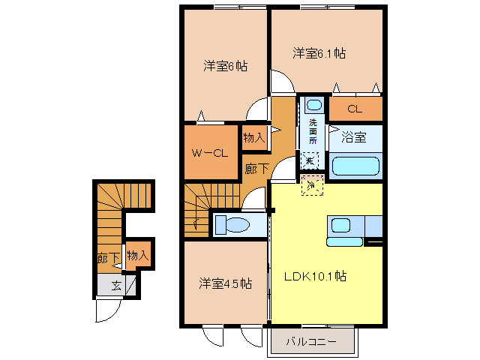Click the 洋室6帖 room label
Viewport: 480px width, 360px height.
tap(225, 66)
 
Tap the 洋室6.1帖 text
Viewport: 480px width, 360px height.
tap(319, 53)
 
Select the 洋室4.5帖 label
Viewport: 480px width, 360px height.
tap(224, 283)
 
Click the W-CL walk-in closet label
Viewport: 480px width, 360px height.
tap(209, 154)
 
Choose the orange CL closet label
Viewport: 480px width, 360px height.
tap(355, 109)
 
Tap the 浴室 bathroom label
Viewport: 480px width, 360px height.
tap(353, 137)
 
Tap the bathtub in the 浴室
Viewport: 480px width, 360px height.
tap(356, 165)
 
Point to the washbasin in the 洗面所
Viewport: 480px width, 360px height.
tap(313, 105)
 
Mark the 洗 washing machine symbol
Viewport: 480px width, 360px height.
tap(310, 159)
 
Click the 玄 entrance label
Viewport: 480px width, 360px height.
tap(116, 285)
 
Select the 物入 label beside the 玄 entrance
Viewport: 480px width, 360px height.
tap(138, 256)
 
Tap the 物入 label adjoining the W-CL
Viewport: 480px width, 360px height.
tap(254, 137)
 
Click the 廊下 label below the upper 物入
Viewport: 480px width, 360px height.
tap(256, 169)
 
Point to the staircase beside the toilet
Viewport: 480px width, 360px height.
tap(198, 211)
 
